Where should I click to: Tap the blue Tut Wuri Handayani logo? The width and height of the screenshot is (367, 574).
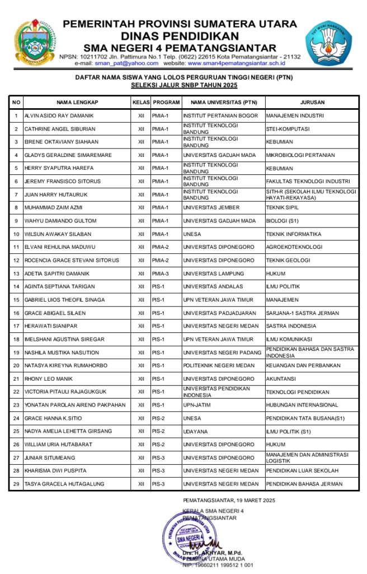click(328, 41)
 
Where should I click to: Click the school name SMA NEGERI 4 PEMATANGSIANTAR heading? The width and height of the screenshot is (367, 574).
click(180, 48)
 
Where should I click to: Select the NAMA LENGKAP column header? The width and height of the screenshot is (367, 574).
click(77, 103)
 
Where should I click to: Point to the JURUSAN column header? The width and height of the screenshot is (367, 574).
click(312, 103)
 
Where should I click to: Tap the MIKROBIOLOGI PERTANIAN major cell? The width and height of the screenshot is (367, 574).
click(300, 155)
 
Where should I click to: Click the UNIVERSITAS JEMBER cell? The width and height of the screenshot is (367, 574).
click(211, 207)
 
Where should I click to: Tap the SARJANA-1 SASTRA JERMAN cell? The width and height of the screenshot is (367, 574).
click(299, 313)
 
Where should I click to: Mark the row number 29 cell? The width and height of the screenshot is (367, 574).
click(16, 484)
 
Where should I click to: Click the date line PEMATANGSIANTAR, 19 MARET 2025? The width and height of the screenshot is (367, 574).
click(229, 500)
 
